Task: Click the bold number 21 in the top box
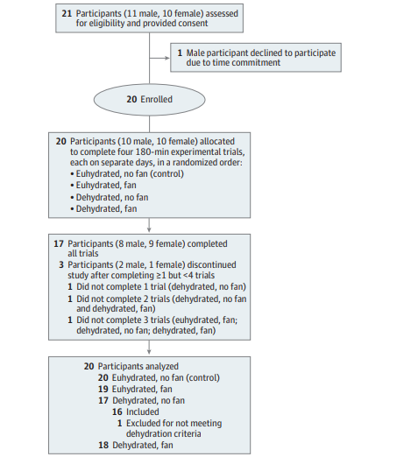pyautogui.click(x=67, y=14)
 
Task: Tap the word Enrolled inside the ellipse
pyautogui.click(x=156, y=100)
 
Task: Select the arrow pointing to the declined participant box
pyautogui.click(x=159, y=58)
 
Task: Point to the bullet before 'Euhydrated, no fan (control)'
pyautogui.click(x=72, y=174)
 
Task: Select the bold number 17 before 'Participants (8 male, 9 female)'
pyautogui.click(x=59, y=244)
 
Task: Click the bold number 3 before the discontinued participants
pyautogui.click(x=61, y=265)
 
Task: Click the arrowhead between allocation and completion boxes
pyautogui.click(x=149, y=229)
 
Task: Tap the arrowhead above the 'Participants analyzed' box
pyautogui.click(x=149, y=352)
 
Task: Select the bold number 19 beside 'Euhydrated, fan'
pyautogui.click(x=103, y=389)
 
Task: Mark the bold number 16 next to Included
pyautogui.click(x=117, y=412)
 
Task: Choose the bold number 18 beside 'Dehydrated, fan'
pyautogui.click(x=103, y=445)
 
